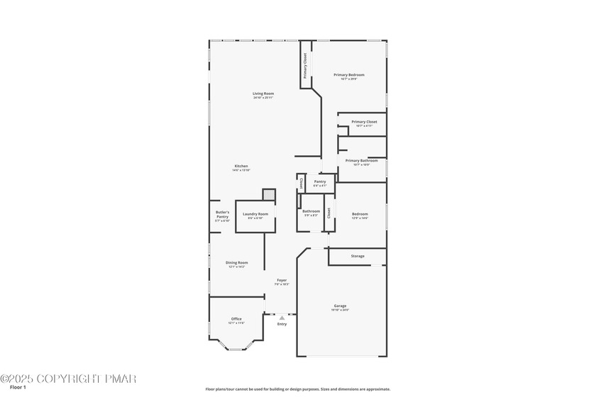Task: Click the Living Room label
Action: point(263,94)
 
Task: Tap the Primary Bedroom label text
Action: point(349,74)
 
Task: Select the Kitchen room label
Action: point(241,166)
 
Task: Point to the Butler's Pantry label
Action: point(223,214)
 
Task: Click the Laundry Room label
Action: point(255,214)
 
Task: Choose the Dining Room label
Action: point(237,262)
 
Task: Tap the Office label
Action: point(237,319)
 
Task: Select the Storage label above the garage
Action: point(358,256)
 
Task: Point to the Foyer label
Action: point(282,280)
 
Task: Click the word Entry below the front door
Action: point(282,324)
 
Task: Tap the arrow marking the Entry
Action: point(282,318)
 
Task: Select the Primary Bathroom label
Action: point(362,160)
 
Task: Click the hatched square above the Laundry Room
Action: point(268,194)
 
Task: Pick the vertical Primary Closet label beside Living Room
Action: point(306,65)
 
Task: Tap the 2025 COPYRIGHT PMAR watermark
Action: point(68,379)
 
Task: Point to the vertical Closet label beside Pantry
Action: point(301,183)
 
